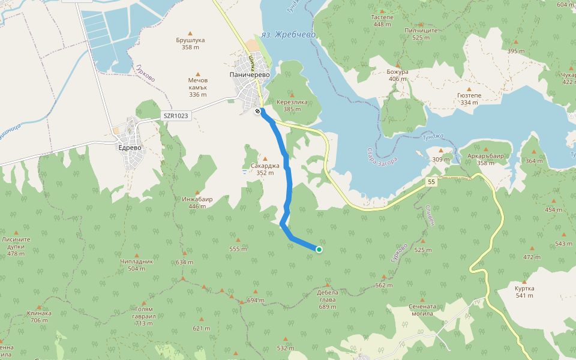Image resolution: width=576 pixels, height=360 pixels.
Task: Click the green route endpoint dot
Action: [319, 250]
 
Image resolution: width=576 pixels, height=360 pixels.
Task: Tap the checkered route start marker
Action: [257, 111]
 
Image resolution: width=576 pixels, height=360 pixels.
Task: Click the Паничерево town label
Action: [250, 75]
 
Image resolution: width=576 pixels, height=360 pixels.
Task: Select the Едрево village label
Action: [130, 147]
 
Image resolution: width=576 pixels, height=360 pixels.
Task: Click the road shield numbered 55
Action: [431, 182]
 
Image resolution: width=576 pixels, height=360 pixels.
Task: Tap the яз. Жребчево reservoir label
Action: [288, 35]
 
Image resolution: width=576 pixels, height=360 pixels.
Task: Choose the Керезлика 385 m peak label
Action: [292, 105]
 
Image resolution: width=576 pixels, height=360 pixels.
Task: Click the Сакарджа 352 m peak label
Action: [265, 169]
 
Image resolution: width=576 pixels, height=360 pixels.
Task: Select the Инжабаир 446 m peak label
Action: [197, 202]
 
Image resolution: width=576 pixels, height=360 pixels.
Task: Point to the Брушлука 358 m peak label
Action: [190, 43]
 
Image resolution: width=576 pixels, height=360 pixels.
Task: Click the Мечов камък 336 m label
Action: [197, 87]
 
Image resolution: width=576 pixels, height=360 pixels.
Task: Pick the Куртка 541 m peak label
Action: [524, 292]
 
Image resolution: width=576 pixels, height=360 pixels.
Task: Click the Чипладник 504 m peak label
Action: [137, 265]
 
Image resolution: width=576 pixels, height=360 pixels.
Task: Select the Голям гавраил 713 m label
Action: [144, 316]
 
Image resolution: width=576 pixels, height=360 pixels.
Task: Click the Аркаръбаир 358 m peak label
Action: [485, 159]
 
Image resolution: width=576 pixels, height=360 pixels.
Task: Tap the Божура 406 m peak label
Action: [398, 75]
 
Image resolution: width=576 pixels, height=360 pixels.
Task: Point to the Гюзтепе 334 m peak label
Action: [469, 98]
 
